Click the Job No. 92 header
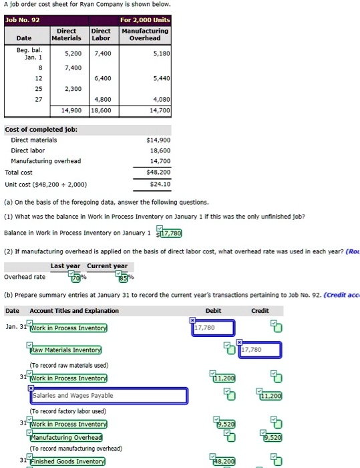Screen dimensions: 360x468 click(23, 19)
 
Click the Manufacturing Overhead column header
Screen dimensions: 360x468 click(146, 35)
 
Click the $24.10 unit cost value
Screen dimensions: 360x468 click(160, 184)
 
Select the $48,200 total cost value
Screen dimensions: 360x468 click(160, 172)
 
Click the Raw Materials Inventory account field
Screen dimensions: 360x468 click(65, 350)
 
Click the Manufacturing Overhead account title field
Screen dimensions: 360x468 click(66, 437)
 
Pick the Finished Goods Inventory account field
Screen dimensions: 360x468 click(67, 461)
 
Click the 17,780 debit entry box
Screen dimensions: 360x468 click(214, 328)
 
